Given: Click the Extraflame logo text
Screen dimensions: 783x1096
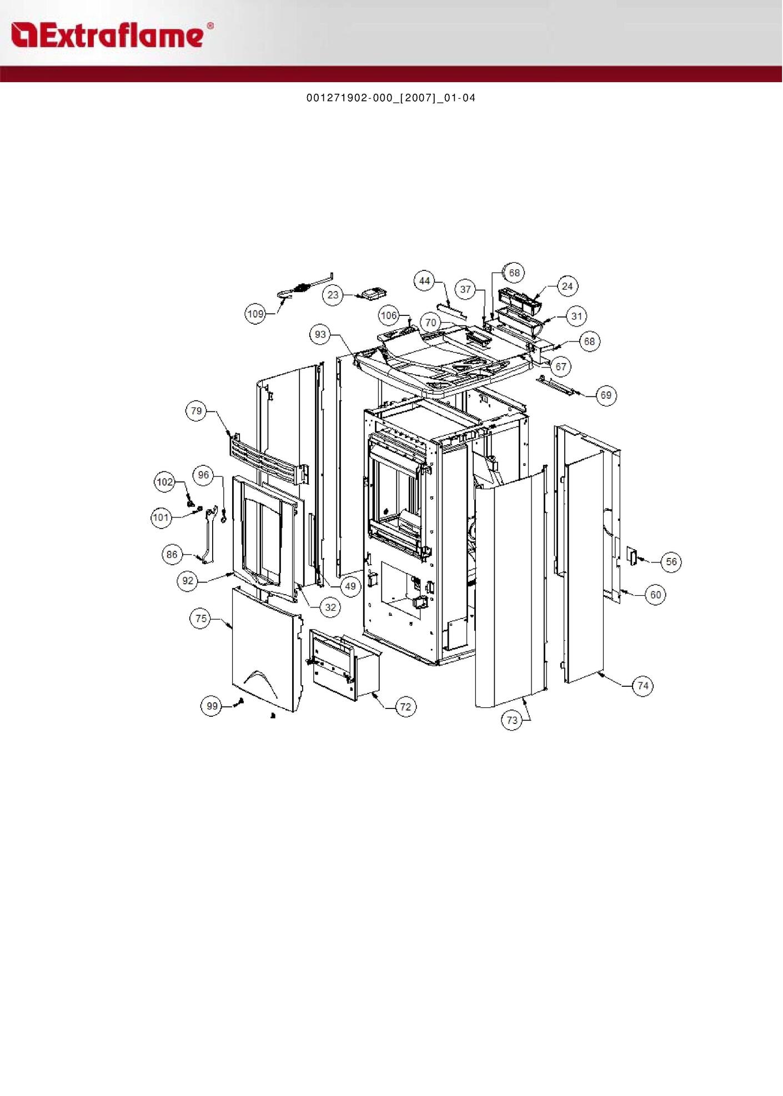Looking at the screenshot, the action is point(107,36).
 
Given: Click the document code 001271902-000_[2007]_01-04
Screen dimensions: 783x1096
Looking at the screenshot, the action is point(391,98).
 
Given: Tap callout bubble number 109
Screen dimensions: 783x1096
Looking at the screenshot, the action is point(255,314).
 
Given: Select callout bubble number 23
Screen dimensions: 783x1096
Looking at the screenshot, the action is point(333,295).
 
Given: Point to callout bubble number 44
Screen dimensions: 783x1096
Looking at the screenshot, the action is point(425,281).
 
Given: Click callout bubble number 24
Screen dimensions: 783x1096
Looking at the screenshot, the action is point(567,286).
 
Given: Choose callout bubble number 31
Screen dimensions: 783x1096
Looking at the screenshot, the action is point(577,316).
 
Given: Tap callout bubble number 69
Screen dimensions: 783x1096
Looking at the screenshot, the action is point(606,395).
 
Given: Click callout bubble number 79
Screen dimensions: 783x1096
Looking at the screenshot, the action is point(197,411).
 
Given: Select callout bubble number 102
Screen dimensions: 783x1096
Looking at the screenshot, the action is point(165,482).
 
